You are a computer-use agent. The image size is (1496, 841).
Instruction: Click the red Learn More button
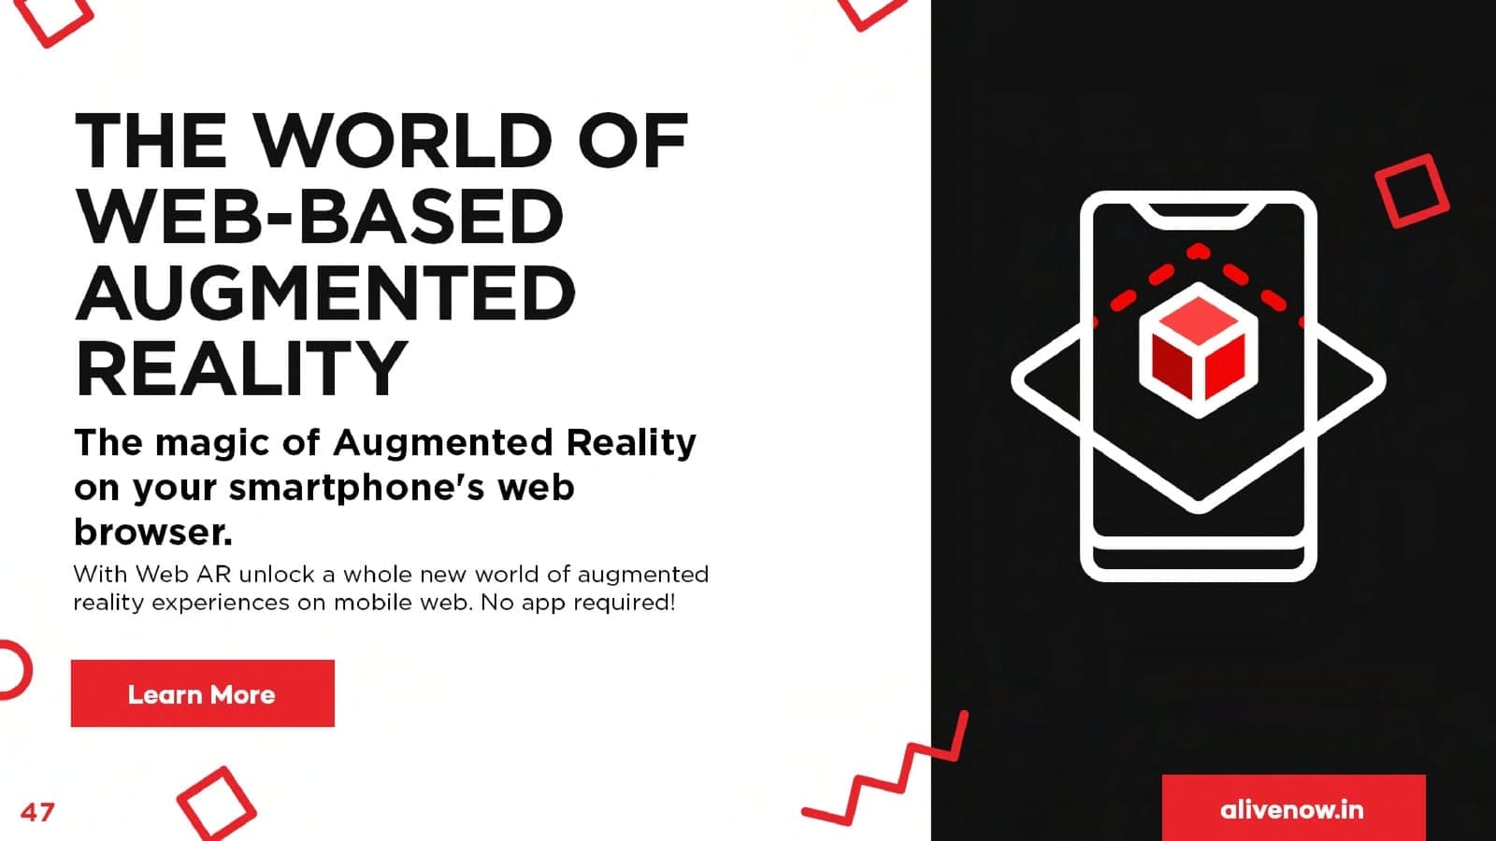click(x=202, y=693)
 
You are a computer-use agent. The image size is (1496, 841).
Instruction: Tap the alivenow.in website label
click(x=1291, y=809)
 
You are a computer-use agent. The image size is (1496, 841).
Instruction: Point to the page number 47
click(x=37, y=812)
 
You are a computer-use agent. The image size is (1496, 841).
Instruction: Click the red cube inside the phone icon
click(x=1199, y=350)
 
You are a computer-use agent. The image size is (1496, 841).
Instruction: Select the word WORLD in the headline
click(x=404, y=141)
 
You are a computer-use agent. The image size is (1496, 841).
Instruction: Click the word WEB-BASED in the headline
click(x=320, y=216)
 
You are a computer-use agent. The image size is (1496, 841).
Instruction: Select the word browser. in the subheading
click(x=153, y=532)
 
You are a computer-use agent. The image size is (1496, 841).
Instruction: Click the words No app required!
click(x=578, y=604)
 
